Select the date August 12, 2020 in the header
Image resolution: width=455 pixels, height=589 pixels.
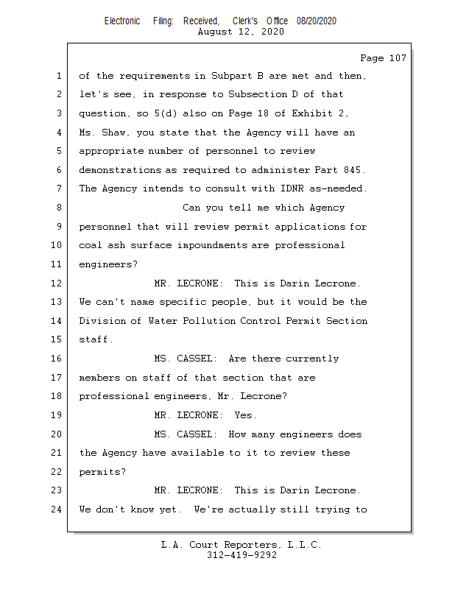(241, 32)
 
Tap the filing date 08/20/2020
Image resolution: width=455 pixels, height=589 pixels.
(317, 21)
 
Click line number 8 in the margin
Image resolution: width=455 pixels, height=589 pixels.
(58, 208)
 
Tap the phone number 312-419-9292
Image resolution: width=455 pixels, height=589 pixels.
(241, 555)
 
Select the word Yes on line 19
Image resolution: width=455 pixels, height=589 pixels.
(244, 415)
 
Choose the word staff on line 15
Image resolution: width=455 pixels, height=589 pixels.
(94, 340)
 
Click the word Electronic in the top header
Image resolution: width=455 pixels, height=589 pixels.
(122, 21)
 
